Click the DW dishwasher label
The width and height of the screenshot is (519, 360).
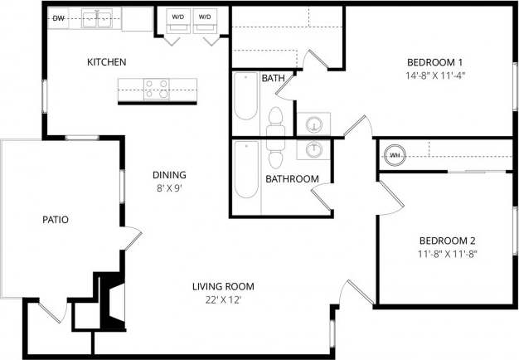59,17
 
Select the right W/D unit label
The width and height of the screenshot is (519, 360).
204,17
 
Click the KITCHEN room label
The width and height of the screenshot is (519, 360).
107,62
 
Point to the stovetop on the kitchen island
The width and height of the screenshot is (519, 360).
156,87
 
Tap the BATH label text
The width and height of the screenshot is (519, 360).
273,79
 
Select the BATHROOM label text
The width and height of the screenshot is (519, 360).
292,178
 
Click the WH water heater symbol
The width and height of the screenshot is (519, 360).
395,154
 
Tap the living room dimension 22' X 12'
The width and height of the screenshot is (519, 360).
222,300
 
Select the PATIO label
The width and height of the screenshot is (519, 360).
55,220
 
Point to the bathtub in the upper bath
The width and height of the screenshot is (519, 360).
245,98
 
